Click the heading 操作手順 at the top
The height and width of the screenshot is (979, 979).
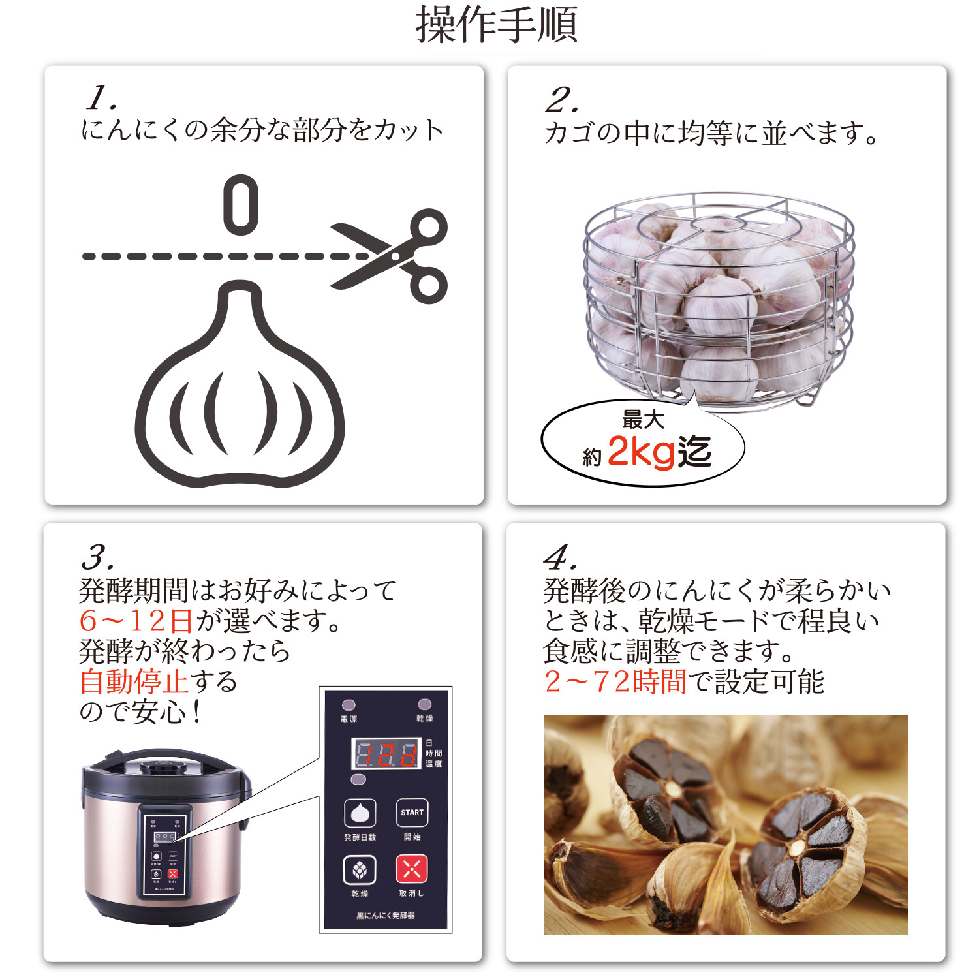tap(496, 25)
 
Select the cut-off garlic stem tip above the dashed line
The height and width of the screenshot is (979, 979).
tap(241, 204)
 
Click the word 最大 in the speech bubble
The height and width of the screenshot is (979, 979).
tap(642, 419)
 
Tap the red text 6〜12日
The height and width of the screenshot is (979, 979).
tap(136, 621)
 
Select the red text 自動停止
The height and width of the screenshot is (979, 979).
tap(134, 681)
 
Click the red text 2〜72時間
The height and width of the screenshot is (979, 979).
tap(615, 682)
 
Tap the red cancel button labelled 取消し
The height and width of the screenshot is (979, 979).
tap(412, 869)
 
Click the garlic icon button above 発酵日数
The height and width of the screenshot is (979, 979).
tap(360, 813)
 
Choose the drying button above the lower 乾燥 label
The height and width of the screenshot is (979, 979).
tap(360, 869)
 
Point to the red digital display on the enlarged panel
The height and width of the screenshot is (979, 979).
tap(386, 754)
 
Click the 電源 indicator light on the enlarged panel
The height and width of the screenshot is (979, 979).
tap(349, 705)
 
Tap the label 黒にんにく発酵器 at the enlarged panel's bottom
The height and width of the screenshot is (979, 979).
tap(386, 916)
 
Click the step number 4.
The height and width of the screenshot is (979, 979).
tap(560, 558)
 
